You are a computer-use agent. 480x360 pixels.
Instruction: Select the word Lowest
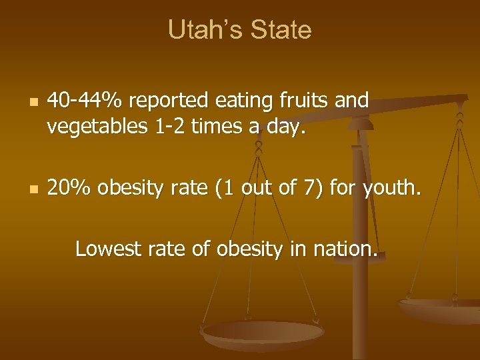(x=105, y=249)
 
